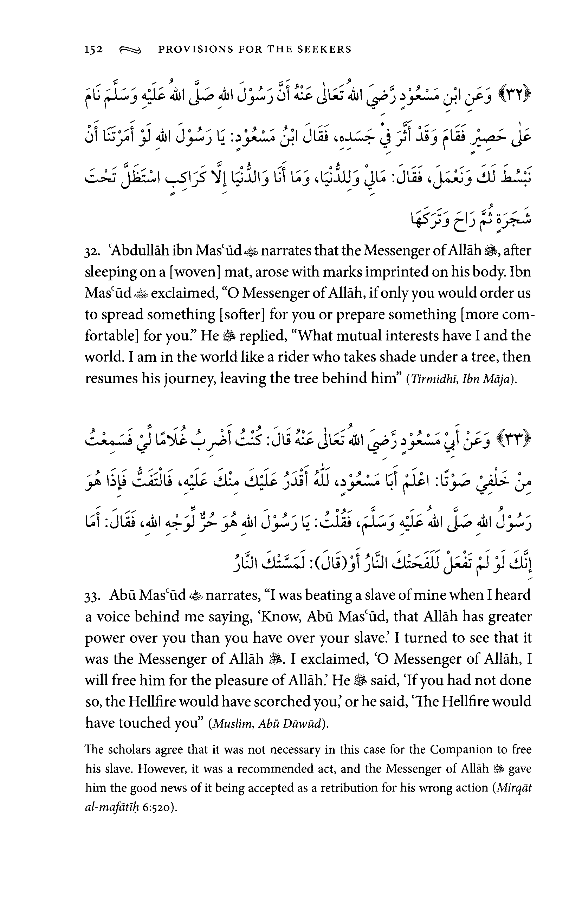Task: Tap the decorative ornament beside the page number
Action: pyautogui.click(x=130, y=50)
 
